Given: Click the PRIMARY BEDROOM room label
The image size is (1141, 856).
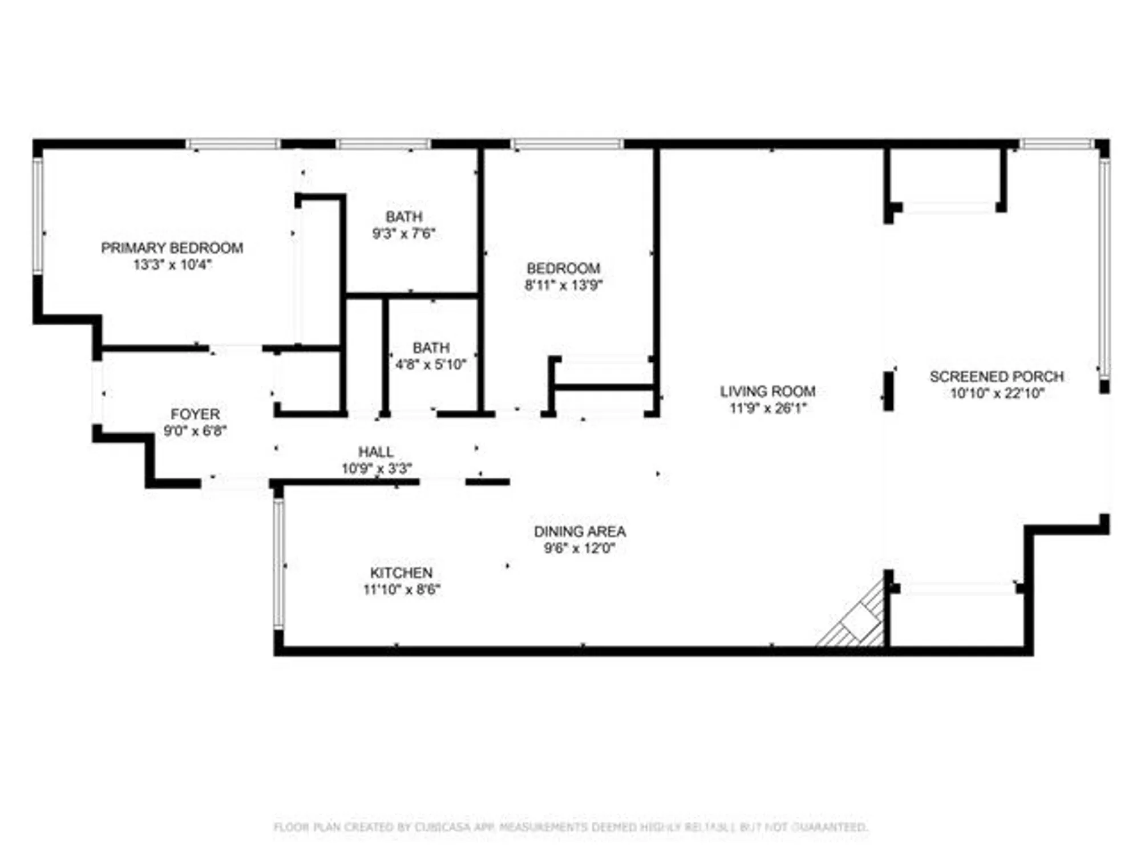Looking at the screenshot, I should [x=172, y=248].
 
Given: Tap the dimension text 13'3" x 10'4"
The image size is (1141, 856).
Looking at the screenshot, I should [x=172, y=265].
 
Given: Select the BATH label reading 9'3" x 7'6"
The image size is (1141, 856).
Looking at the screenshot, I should [x=404, y=225].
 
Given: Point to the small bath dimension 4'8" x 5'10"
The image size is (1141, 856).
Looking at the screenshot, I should [x=431, y=364].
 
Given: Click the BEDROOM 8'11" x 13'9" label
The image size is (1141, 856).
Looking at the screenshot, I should [x=563, y=276].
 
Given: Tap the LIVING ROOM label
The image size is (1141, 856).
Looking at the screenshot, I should [x=767, y=391].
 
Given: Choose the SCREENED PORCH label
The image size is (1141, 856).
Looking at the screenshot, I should [x=997, y=377].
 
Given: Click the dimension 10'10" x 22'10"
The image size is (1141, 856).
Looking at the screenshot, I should [x=997, y=393].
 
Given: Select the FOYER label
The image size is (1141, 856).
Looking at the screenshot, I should [x=195, y=414].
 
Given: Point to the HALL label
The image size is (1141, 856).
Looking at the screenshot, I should [x=375, y=452].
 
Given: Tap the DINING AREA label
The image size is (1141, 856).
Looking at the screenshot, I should [x=580, y=531].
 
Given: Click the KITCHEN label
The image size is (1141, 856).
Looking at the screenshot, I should [x=401, y=573].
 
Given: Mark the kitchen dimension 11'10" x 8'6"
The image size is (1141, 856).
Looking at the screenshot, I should [x=402, y=589].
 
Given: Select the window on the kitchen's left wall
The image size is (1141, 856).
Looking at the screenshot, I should [x=278, y=564].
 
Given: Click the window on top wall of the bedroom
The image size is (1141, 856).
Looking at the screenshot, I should [x=567, y=144].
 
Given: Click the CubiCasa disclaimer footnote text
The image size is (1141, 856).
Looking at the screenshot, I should [x=570, y=827].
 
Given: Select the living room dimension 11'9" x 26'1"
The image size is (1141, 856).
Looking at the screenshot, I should [x=767, y=408].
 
